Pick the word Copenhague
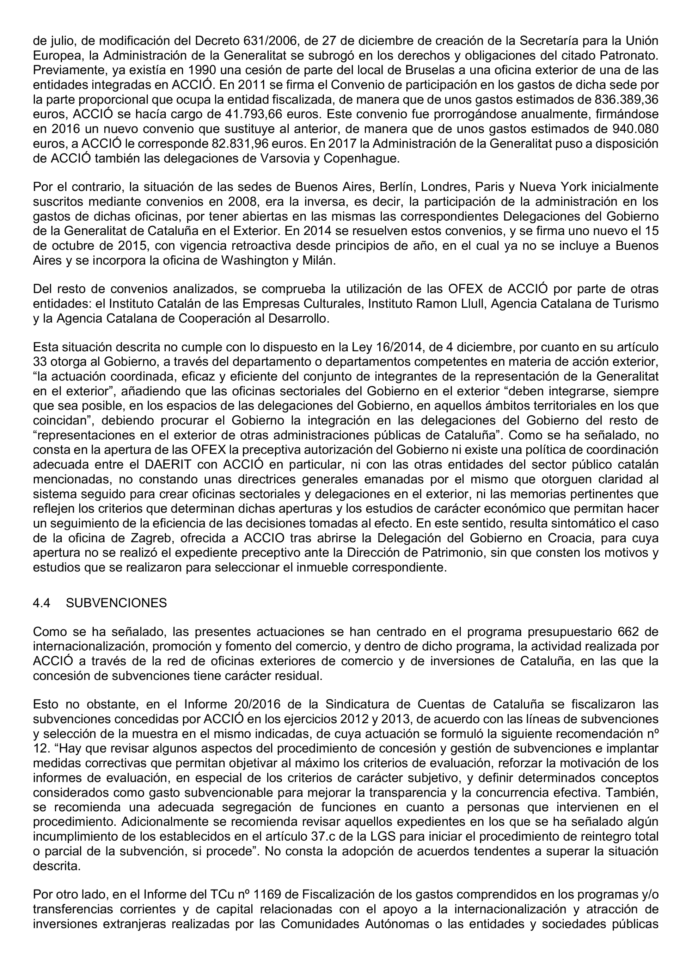click(362, 159)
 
